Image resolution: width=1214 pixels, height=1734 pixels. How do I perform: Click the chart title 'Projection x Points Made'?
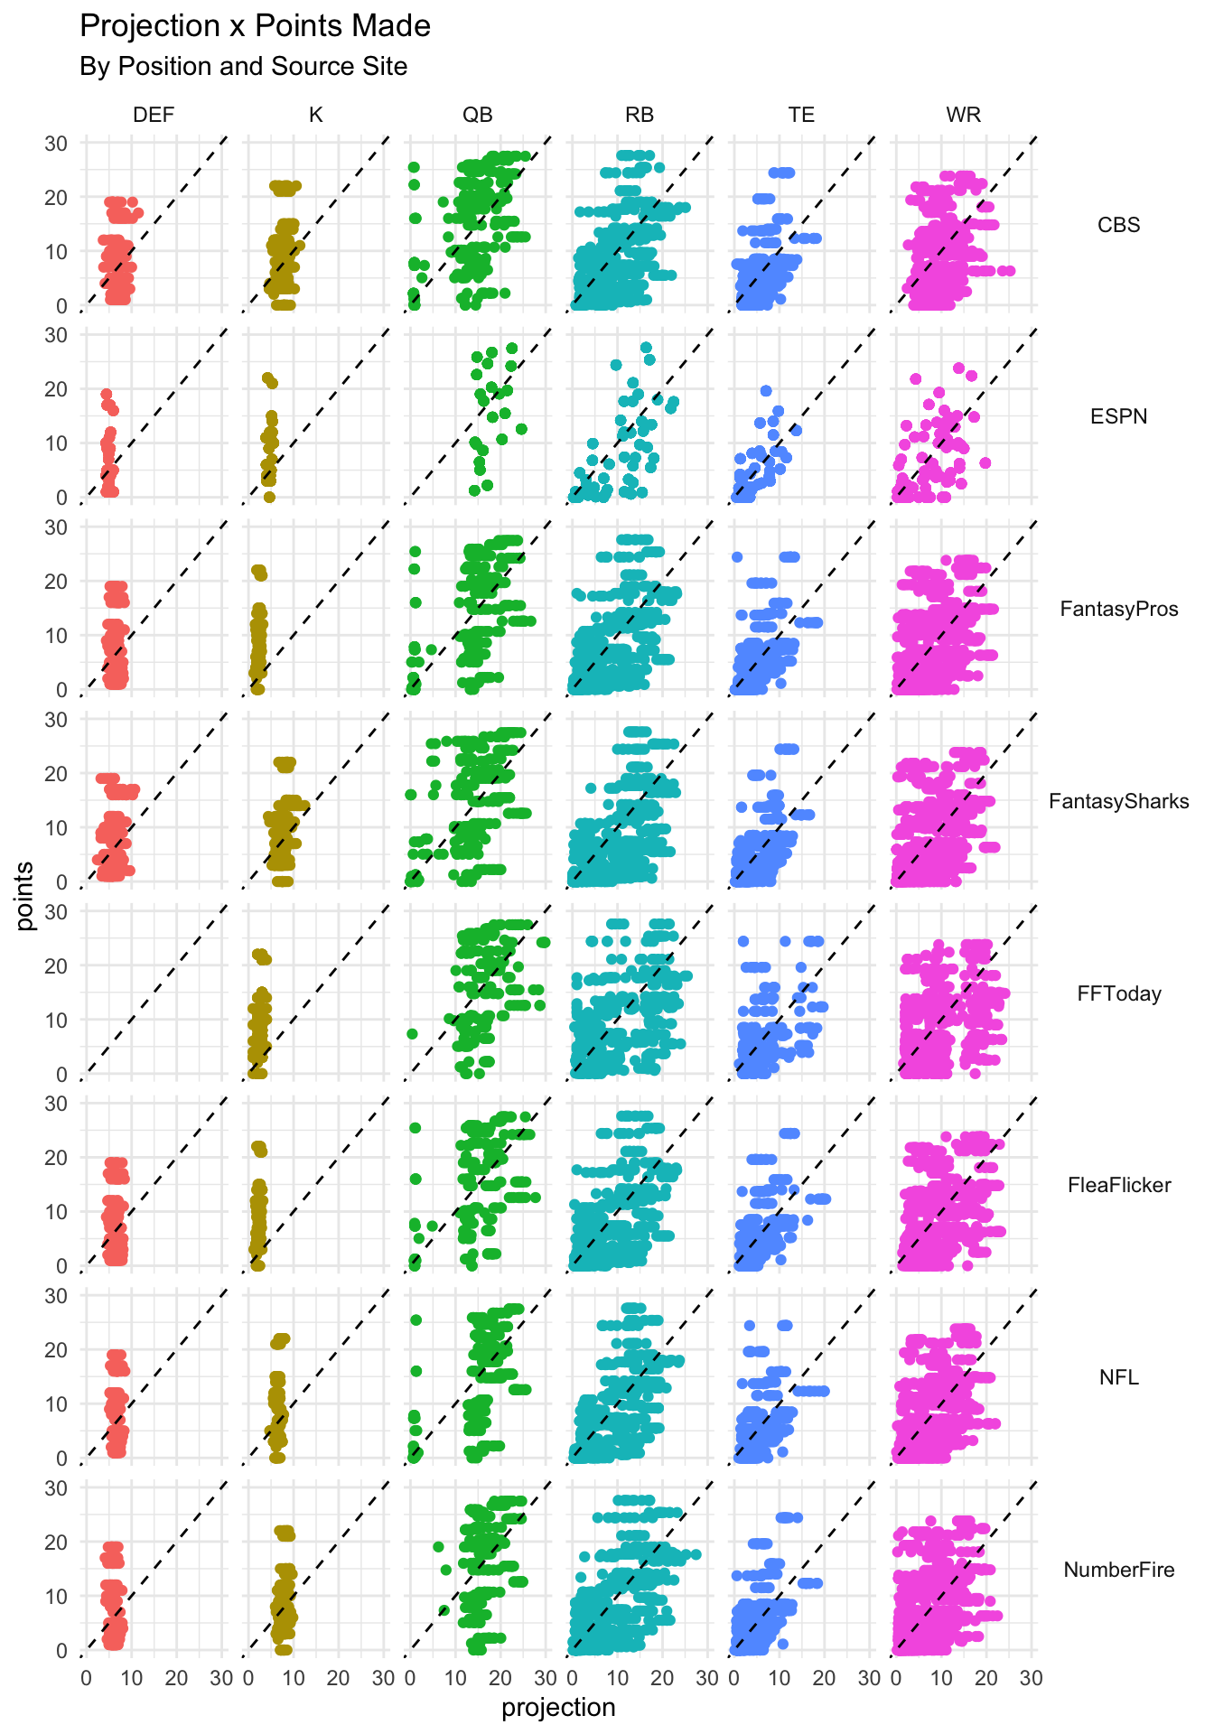255,26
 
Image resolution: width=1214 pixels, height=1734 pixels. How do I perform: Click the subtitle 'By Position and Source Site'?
243,67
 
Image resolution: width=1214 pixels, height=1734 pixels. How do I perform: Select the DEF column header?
154,115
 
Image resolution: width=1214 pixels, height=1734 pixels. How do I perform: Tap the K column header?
315,115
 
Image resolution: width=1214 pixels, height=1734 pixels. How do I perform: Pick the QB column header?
478,115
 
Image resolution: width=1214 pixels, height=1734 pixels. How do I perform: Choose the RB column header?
640,115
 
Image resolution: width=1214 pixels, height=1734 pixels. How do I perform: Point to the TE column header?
801,115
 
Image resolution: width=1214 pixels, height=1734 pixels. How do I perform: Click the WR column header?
963,115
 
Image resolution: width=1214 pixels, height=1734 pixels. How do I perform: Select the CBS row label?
1118,225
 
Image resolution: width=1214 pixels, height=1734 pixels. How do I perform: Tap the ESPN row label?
1118,416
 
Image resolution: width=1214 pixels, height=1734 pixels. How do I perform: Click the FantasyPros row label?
1118,609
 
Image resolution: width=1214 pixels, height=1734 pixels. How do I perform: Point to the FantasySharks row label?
1118,801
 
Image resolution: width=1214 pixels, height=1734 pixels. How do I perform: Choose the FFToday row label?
1118,993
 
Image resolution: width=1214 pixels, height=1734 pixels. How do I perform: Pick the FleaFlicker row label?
1118,1185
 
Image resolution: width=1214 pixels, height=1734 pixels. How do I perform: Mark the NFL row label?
1118,1377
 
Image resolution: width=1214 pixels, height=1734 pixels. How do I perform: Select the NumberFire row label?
1118,1570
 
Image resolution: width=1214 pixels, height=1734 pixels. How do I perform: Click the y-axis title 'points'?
25,895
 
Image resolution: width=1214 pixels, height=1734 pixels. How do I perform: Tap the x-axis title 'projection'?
558,1708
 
